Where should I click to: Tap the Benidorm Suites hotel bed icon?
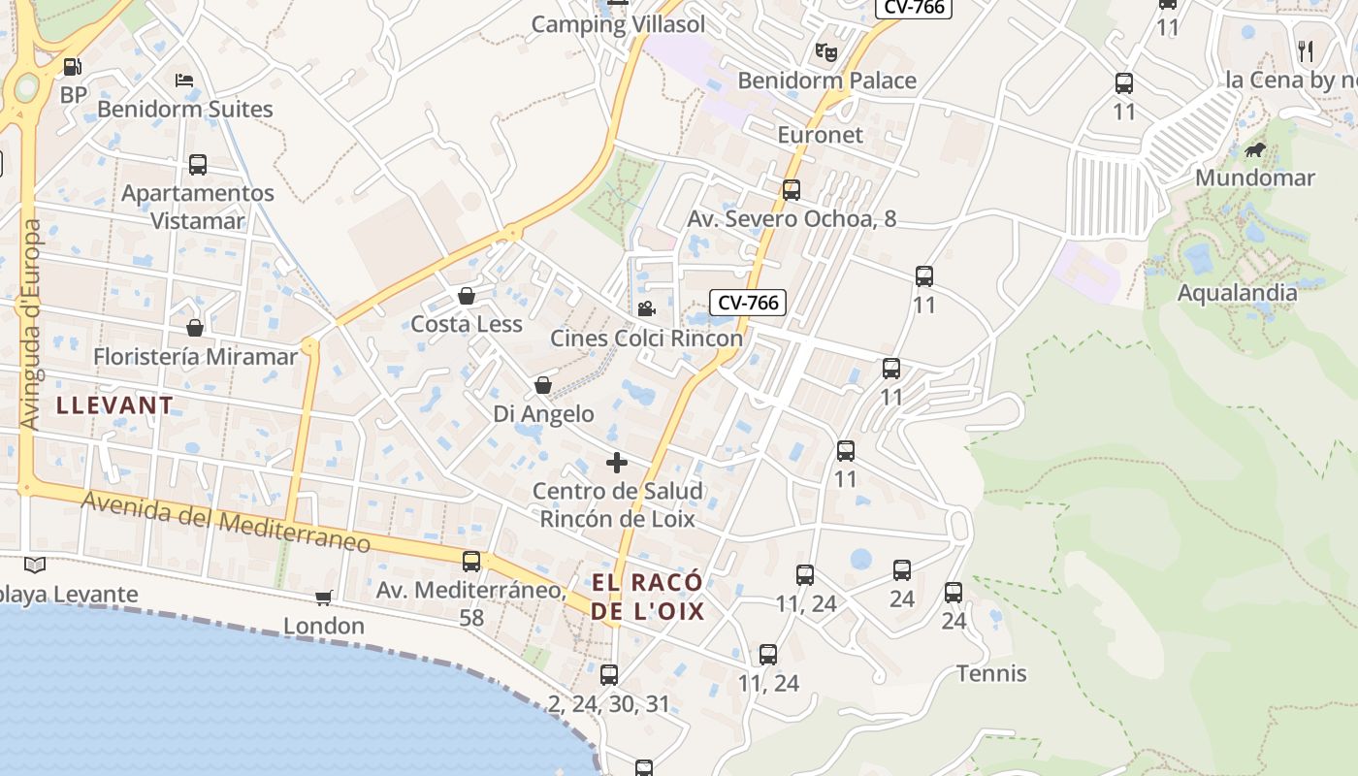pyautogui.click(x=184, y=80)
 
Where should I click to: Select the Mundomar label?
pyautogui.click(x=1254, y=178)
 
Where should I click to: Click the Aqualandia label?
pyautogui.click(x=1237, y=292)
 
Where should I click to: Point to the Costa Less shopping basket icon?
pyautogui.click(x=467, y=296)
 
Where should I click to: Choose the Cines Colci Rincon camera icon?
pyautogui.click(x=646, y=309)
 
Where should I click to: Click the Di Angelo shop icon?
pyautogui.click(x=543, y=386)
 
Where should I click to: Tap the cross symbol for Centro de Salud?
pyautogui.click(x=617, y=463)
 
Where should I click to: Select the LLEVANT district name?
pyautogui.click(x=115, y=405)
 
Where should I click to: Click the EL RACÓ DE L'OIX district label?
pyautogui.click(x=647, y=597)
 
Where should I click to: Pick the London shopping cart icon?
pyautogui.click(x=324, y=598)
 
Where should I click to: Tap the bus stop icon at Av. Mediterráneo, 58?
pyautogui.click(x=471, y=561)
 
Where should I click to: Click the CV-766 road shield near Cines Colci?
pyautogui.click(x=746, y=303)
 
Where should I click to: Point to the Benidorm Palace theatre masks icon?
pyautogui.click(x=825, y=51)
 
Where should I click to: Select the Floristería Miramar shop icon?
pyautogui.click(x=195, y=328)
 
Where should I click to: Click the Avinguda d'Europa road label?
pyautogui.click(x=31, y=325)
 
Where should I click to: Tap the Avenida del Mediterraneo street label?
pyautogui.click(x=226, y=523)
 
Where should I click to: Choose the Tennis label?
pyautogui.click(x=991, y=673)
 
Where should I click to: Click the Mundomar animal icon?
pyautogui.click(x=1255, y=149)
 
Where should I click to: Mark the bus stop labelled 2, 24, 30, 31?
pyautogui.click(x=609, y=675)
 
